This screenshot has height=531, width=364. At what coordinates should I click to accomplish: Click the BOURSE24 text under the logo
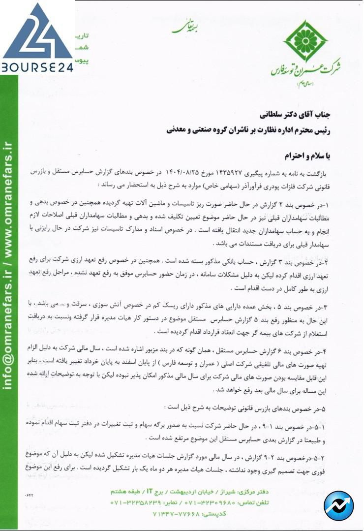click(37, 66)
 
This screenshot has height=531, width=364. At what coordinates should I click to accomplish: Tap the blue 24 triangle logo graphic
click(37, 32)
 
